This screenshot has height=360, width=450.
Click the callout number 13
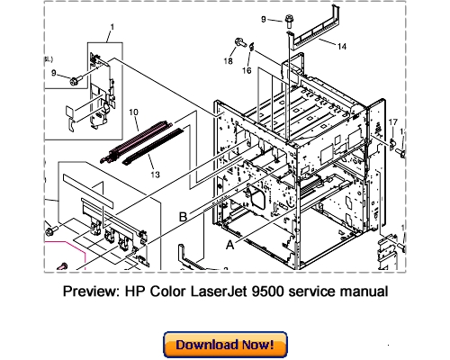coord(155,174)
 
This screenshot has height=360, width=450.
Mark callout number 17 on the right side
coord(391,121)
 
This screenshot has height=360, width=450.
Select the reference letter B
coord(184,217)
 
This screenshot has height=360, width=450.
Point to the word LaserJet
coord(228,292)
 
